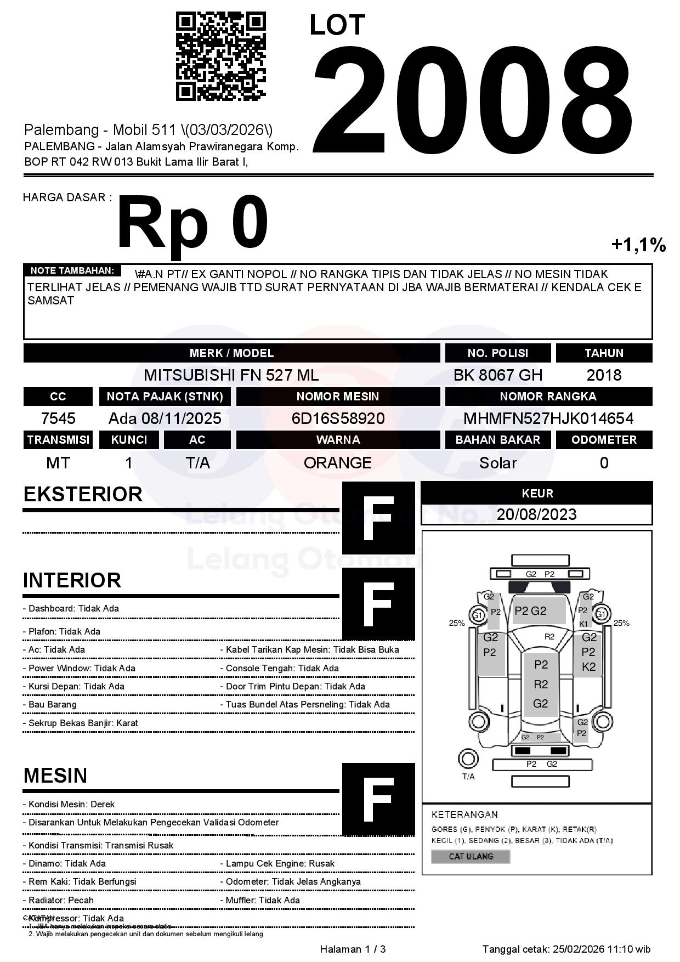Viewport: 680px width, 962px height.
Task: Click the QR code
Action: tap(220, 56)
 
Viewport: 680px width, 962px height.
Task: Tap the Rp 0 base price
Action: tap(192, 223)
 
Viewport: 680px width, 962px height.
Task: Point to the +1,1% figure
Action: tap(638, 245)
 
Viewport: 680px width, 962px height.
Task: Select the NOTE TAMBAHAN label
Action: tap(72, 270)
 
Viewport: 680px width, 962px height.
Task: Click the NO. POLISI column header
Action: tap(497, 353)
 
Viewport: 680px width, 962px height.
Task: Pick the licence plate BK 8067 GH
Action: tap(497, 375)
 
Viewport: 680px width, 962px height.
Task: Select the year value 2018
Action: tap(604, 375)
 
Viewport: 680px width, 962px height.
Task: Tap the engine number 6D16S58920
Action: tap(338, 419)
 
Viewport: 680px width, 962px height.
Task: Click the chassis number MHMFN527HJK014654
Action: tap(548, 419)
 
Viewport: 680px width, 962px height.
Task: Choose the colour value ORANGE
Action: tap(338, 463)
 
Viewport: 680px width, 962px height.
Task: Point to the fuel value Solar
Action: tap(497, 463)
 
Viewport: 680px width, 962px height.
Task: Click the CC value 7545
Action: tap(58, 419)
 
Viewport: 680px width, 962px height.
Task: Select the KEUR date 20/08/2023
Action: tap(537, 514)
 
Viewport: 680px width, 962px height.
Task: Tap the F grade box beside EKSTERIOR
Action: tap(378, 518)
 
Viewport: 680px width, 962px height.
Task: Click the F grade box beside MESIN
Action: tap(378, 799)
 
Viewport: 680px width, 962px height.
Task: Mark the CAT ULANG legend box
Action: tap(471, 856)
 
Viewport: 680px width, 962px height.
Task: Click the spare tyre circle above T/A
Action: tap(468, 759)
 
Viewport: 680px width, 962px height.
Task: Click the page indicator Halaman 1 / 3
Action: tap(353, 949)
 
